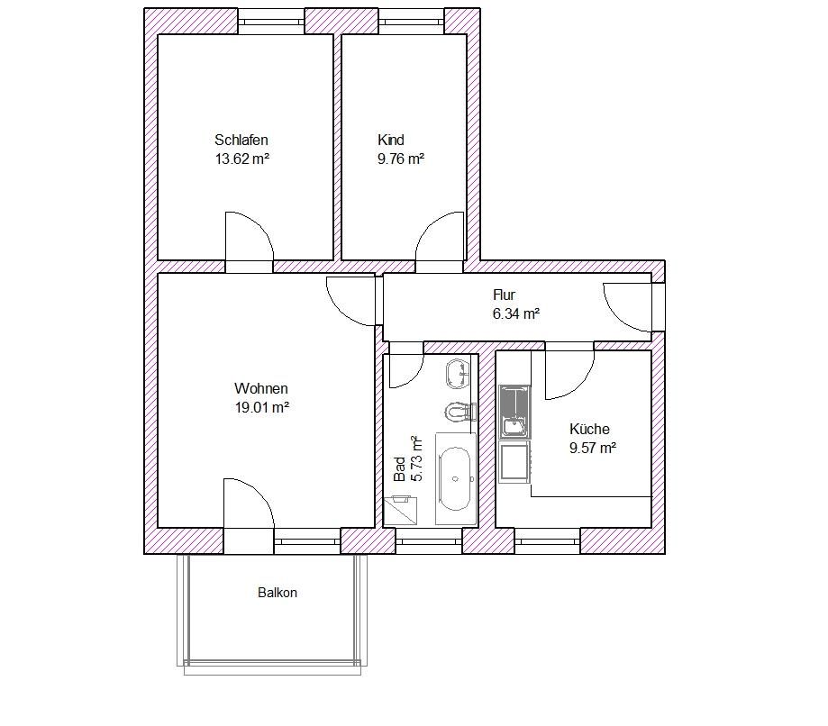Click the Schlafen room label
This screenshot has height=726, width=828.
pos(241,140)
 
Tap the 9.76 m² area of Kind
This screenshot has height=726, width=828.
pos(401,159)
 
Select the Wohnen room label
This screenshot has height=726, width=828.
pos(261,388)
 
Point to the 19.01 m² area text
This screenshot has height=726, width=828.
pos(262,408)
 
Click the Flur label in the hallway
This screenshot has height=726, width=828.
pos(504,295)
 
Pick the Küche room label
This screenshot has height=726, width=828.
pos(589,429)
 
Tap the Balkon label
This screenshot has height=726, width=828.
pos(278,593)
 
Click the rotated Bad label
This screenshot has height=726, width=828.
pos(400,469)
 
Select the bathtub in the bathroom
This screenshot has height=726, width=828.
pos(456,479)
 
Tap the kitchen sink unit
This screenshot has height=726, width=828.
pos(514,412)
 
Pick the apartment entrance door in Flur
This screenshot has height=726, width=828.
pos(627,307)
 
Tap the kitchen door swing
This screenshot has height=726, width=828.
pos(569,376)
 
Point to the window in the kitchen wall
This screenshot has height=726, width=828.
pos(548,541)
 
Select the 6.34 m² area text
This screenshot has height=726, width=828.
pos(516,314)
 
